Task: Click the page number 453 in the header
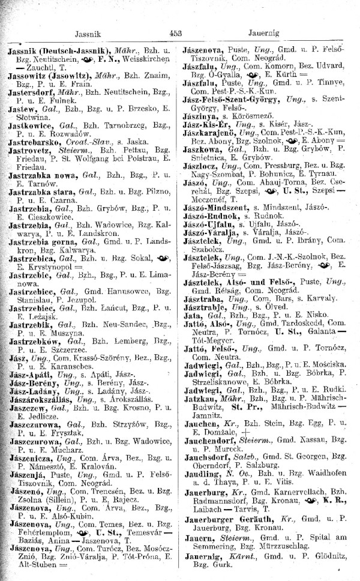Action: pyautogui.click(x=175, y=34)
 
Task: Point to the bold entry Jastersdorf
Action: pyautogui.click(x=36, y=95)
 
